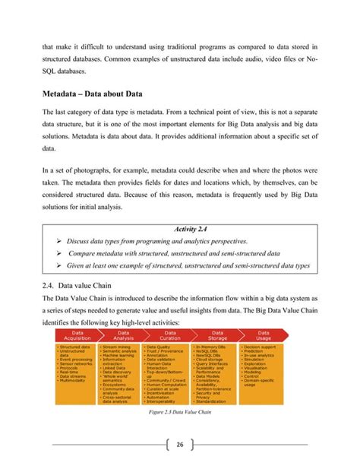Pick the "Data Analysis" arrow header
(123, 336)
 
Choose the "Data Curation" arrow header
(170, 336)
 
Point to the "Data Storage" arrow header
(216, 336)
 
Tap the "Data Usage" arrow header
(264, 336)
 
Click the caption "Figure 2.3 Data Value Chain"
(179, 412)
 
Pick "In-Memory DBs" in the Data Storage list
(212, 346)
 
